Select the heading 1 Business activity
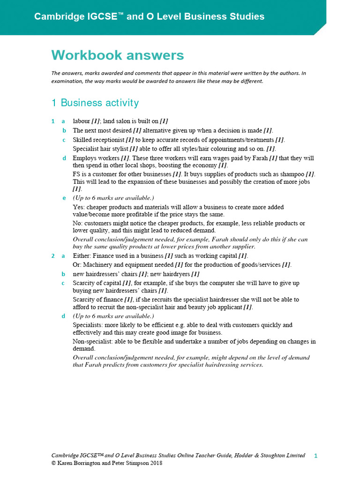tap(95, 103)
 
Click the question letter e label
tap(64, 198)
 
